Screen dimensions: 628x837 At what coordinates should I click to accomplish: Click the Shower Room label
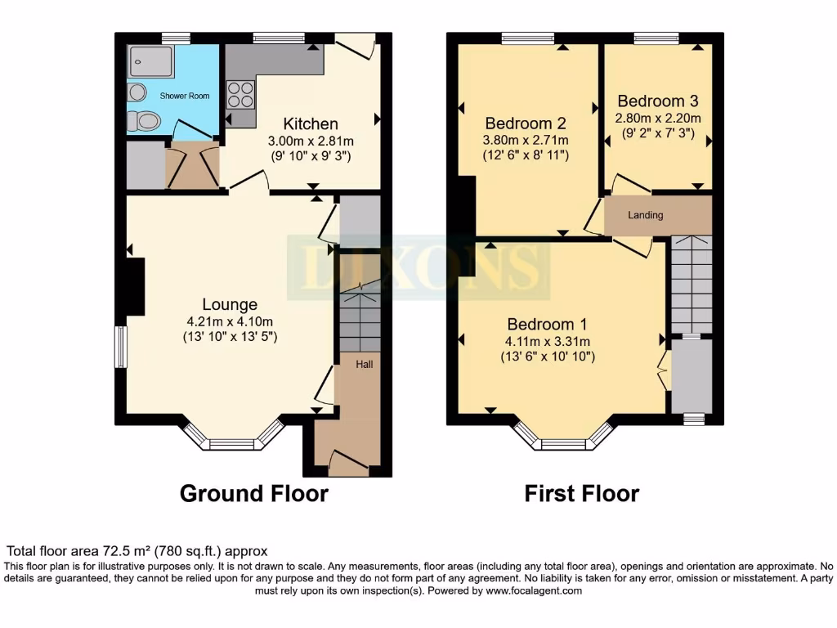(185, 96)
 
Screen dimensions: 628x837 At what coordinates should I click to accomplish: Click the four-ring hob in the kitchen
(239, 95)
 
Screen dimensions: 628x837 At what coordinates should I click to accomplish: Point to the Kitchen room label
(310, 124)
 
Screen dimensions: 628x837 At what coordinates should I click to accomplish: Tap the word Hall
(364, 364)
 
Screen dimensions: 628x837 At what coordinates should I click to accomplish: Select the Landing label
(646, 215)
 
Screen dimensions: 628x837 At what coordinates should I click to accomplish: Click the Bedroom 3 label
(658, 101)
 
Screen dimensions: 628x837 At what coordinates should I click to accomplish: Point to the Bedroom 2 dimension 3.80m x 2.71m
(526, 140)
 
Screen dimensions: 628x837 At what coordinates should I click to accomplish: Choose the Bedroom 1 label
(547, 324)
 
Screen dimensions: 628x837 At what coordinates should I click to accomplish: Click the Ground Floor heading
(253, 494)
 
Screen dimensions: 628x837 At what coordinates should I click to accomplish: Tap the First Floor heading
(581, 494)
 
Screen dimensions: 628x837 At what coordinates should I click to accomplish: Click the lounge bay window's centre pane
(232, 445)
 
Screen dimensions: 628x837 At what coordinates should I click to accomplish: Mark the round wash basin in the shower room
(137, 91)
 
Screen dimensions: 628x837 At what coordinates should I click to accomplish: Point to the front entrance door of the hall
(348, 464)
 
